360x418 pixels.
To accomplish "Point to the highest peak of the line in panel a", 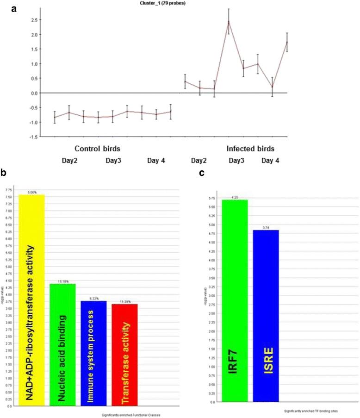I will click(x=228, y=21).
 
